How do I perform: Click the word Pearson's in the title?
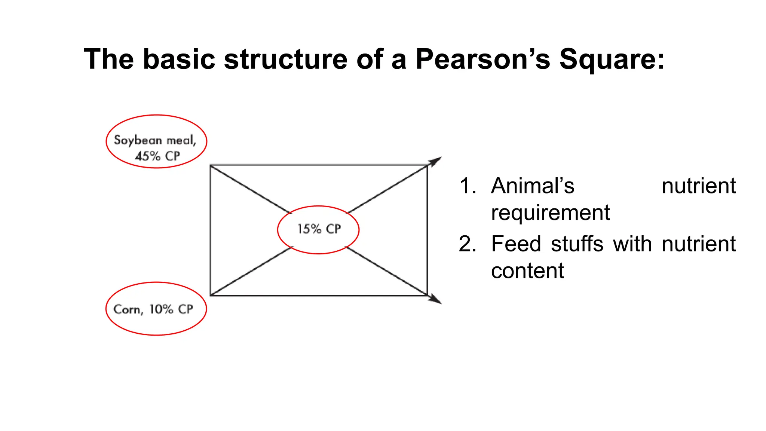pos(482,59)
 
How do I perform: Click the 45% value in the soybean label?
pos(148,156)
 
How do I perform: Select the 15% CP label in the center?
pos(319,229)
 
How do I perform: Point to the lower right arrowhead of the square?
pos(435,299)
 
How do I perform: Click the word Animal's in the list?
pos(533,186)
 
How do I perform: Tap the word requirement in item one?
pos(550,213)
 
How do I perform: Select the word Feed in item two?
pos(516,244)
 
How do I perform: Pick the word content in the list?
pos(527,271)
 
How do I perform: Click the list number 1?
pos(467,186)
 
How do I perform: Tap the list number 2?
pos(467,244)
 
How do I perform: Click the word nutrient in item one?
pos(698,186)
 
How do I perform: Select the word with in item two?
pos(632,244)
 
